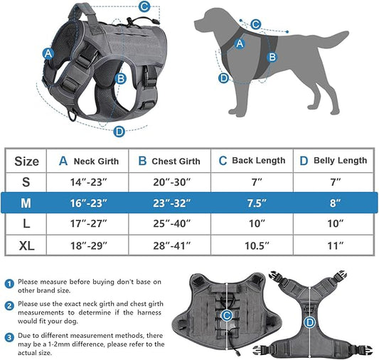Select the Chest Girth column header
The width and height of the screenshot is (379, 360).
tap(169, 162)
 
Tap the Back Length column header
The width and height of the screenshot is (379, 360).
tap(252, 161)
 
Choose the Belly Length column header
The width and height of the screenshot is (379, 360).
tap(332, 161)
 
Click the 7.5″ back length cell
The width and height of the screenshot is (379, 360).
tap(252, 203)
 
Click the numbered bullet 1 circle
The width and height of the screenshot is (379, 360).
tap(9, 282)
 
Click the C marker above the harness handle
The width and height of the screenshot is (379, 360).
tap(144, 7)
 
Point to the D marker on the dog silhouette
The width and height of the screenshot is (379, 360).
tap(223, 78)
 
